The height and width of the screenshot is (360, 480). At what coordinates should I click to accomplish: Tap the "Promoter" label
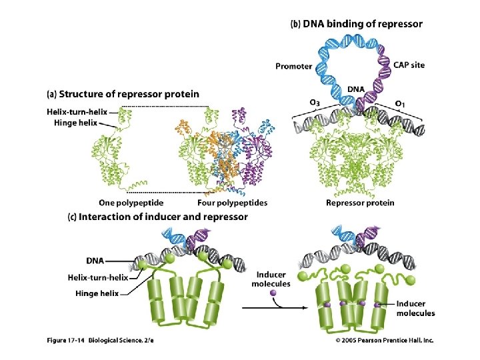tap(294, 66)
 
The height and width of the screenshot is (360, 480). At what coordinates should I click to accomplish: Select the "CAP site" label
tap(409, 65)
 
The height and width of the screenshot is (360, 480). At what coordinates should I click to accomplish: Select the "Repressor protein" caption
tap(359, 203)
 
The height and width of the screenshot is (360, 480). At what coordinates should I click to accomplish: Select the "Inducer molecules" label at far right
tap(415, 309)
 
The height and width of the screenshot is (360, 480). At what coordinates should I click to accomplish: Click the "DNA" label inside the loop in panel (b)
tap(355, 89)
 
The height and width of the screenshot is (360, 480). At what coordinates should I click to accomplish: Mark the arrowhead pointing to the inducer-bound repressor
tap(297, 309)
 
